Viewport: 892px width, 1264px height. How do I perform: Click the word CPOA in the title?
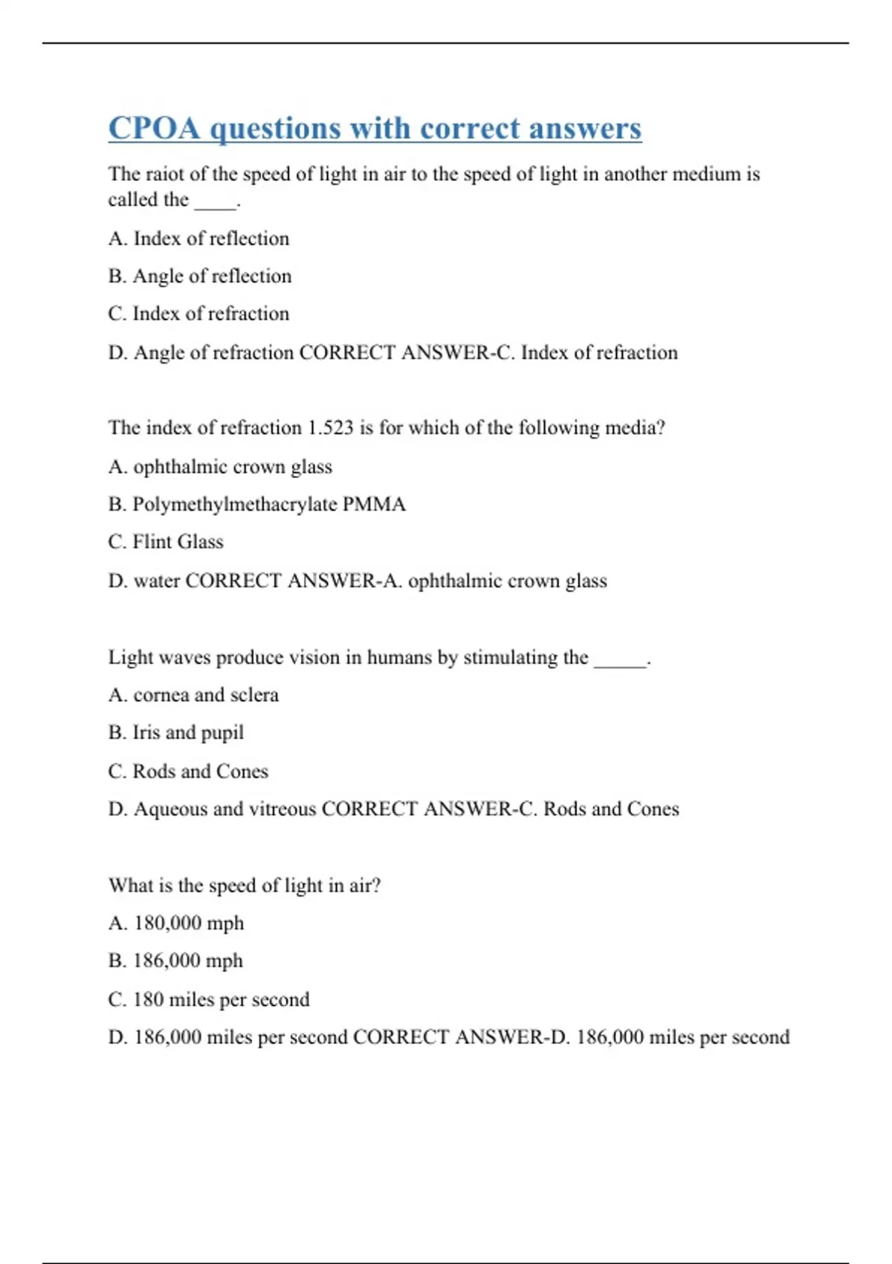(155, 128)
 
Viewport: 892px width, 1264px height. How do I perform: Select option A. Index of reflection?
(198, 239)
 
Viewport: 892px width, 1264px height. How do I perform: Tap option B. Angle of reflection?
(199, 277)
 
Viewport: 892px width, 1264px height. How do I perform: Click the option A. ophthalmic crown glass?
(220, 467)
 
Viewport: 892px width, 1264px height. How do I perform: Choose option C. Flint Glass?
(166, 542)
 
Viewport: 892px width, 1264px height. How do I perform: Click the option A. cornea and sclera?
(193, 695)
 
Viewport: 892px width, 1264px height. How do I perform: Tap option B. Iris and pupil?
(176, 733)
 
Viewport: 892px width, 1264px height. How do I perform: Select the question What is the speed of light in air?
(245, 886)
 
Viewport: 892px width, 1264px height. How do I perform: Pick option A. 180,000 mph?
(176, 923)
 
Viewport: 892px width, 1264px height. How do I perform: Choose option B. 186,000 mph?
(175, 961)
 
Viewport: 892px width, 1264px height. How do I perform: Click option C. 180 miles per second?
(209, 999)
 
